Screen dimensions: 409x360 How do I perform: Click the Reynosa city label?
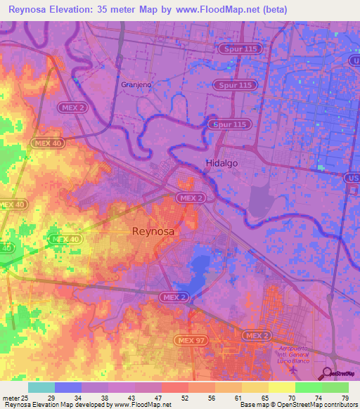[x=153, y=231]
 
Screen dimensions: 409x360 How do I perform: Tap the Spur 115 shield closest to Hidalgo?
[x=229, y=124]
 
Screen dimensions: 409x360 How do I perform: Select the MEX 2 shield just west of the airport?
[x=256, y=336]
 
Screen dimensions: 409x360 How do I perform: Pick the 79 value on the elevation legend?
[x=345, y=398]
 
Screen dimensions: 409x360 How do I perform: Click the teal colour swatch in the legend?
[x=41, y=387]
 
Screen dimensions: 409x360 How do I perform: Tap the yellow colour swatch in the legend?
[x=281, y=387]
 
